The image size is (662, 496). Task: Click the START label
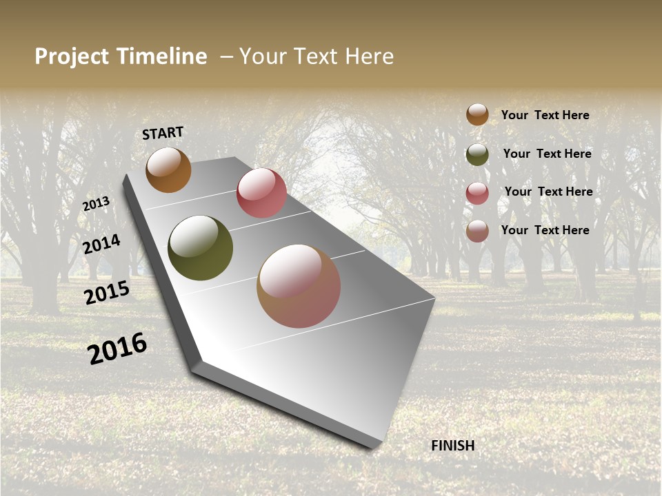(x=163, y=133)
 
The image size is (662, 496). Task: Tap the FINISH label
(x=452, y=446)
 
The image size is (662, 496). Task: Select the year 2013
(x=97, y=204)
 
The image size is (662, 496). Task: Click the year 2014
(x=102, y=245)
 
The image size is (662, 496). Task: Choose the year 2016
(x=117, y=349)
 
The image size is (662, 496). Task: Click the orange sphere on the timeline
(x=168, y=170)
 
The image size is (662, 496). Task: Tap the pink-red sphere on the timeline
(x=261, y=193)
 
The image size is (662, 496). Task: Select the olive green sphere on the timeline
(x=200, y=248)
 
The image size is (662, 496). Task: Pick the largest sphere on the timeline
(x=299, y=286)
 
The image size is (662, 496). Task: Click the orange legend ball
(x=477, y=114)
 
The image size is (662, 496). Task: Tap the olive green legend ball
(x=477, y=154)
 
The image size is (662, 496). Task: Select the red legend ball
(x=477, y=193)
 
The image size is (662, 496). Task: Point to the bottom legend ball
(x=477, y=231)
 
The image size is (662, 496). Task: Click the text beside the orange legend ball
(x=545, y=115)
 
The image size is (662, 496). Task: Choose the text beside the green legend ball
(x=547, y=154)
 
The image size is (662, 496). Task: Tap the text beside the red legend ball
(x=548, y=192)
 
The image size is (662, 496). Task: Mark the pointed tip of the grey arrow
(x=375, y=446)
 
